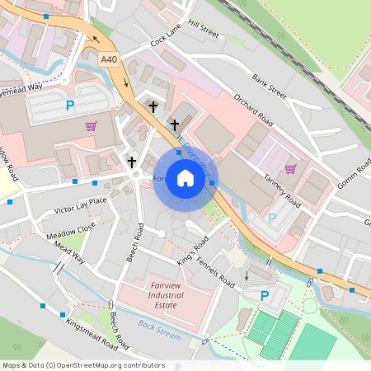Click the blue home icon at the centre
[x=185, y=178]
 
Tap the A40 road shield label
[x=110, y=59]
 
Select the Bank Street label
[x=270, y=89]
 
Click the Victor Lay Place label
[x=80, y=200]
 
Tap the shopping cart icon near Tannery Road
[x=289, y=169]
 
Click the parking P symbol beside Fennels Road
[x=265, y=296]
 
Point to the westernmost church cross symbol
[x=131, y=162]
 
